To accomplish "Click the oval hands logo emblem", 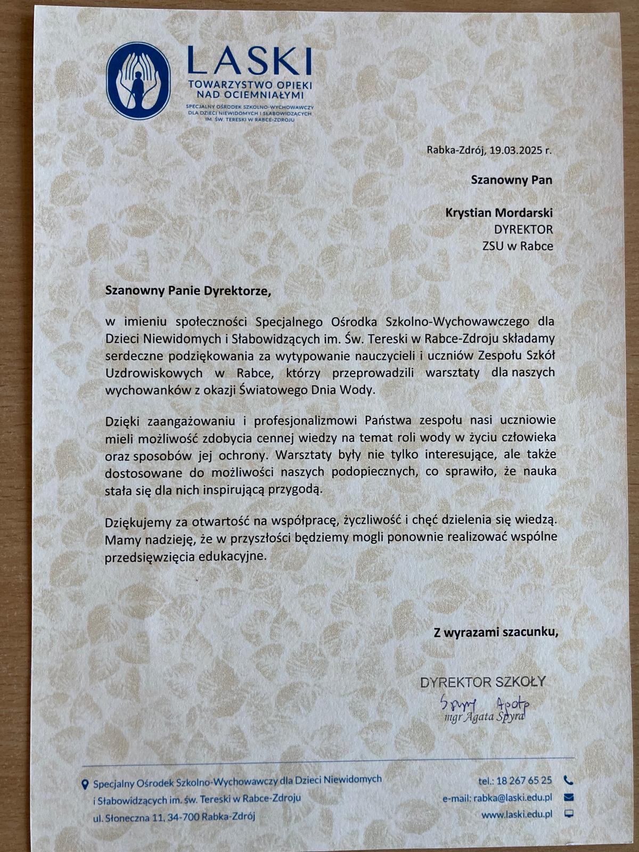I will tap(138, 81).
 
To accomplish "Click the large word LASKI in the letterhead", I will tap(249, 61).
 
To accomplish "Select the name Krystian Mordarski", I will tap(499, 213).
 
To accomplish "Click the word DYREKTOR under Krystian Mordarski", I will tap(523, 230).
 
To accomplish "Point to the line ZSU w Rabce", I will tap(518, 246).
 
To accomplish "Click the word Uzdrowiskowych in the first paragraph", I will tap(154, 372).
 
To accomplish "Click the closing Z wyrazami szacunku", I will tap(496, 633).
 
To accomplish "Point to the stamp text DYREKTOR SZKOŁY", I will tap(483, 682).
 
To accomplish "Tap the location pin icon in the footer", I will tap(84, 784).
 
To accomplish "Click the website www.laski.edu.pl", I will tap(517, 814).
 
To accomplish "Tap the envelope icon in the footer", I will tap(568, 797).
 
